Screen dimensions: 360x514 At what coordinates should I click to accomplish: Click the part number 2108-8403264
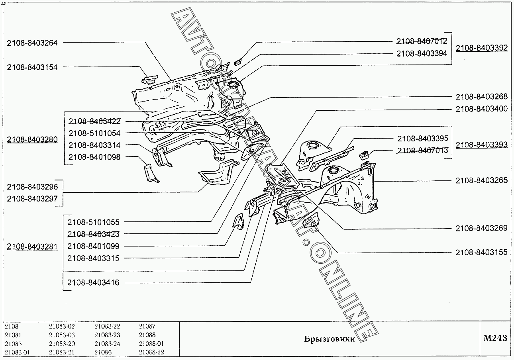(x=32, y=43)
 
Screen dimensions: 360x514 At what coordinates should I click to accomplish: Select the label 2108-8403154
(x=32, y=67)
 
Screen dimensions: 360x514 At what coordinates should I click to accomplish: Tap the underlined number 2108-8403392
(x=482, y=48)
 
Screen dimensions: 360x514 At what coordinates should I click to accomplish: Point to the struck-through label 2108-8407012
(x=422, y=41)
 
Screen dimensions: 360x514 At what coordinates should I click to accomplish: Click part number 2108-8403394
(x=422, y=53)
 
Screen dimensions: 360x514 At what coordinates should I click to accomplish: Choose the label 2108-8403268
(x=482, y=97)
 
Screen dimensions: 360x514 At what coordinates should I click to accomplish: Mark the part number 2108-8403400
(x=482, y=109)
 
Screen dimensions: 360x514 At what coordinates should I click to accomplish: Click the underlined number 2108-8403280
(x=32, y=140)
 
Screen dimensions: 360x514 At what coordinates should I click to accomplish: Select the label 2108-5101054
(x=94, y=133)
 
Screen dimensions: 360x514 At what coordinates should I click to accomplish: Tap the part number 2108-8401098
(x=94, y=157)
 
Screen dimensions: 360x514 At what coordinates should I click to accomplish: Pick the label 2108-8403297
(x=32, y=199)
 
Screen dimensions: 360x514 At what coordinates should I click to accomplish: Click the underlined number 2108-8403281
(x=32, y=247)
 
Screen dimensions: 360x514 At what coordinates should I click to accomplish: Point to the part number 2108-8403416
(x=93, y=283)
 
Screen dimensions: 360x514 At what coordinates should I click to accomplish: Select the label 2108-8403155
(x=482, y=252)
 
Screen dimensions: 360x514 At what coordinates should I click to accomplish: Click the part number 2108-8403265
(x=482, y=180)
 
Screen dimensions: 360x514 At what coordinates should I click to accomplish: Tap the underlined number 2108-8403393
(x=482, y=145)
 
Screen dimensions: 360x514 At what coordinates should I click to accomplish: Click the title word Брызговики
(x=329, y=339)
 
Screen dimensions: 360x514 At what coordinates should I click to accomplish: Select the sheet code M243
(x=495, y=338)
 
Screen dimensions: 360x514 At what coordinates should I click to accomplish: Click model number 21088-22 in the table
(x=151, y=352)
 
